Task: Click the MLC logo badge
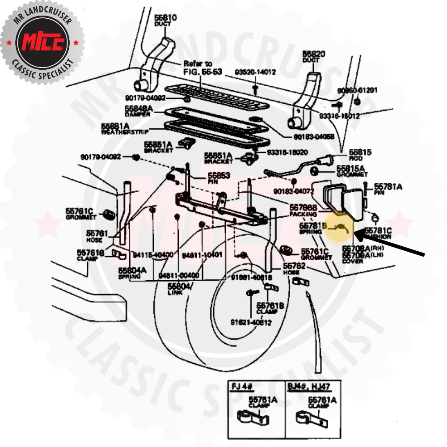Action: point(42,42)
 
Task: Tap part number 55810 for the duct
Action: point(166,18)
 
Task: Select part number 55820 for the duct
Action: point(314,54)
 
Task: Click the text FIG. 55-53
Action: point(202,72)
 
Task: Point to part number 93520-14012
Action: point(256,72)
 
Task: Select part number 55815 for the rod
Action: point(360,152)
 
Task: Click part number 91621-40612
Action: point(251,322)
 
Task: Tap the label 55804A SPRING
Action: point(132,273)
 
